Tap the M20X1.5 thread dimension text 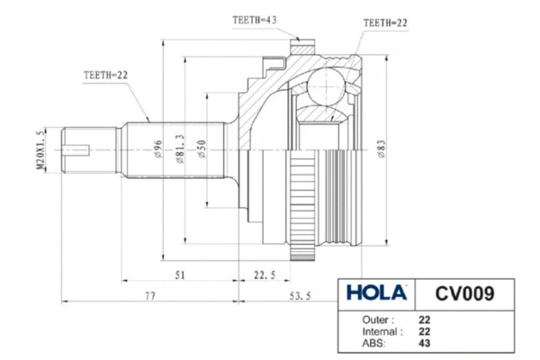pyautogui.click(x=40, y=149)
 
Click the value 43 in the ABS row pyautogui.click(x=424, y=343)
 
